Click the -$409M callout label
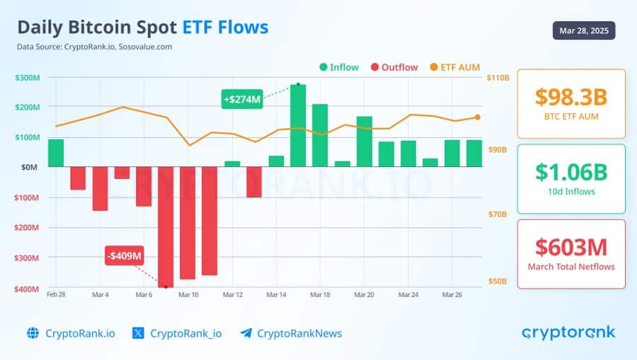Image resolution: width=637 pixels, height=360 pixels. click(125, 255)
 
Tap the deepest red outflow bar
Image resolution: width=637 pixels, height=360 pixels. click(166, 226)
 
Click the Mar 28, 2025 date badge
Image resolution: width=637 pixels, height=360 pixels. click(584, 30)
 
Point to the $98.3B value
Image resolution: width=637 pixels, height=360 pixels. click(571, 98)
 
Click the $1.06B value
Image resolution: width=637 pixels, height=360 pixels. click(571, 172)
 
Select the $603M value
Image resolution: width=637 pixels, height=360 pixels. click(571, 247)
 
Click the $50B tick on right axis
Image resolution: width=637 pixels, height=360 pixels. click(498, 281)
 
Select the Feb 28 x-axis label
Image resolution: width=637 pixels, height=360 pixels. click(57, 294)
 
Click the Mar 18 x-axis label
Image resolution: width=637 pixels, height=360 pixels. click(320, 294)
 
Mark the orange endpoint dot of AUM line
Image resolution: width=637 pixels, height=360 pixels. click(477, 117)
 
